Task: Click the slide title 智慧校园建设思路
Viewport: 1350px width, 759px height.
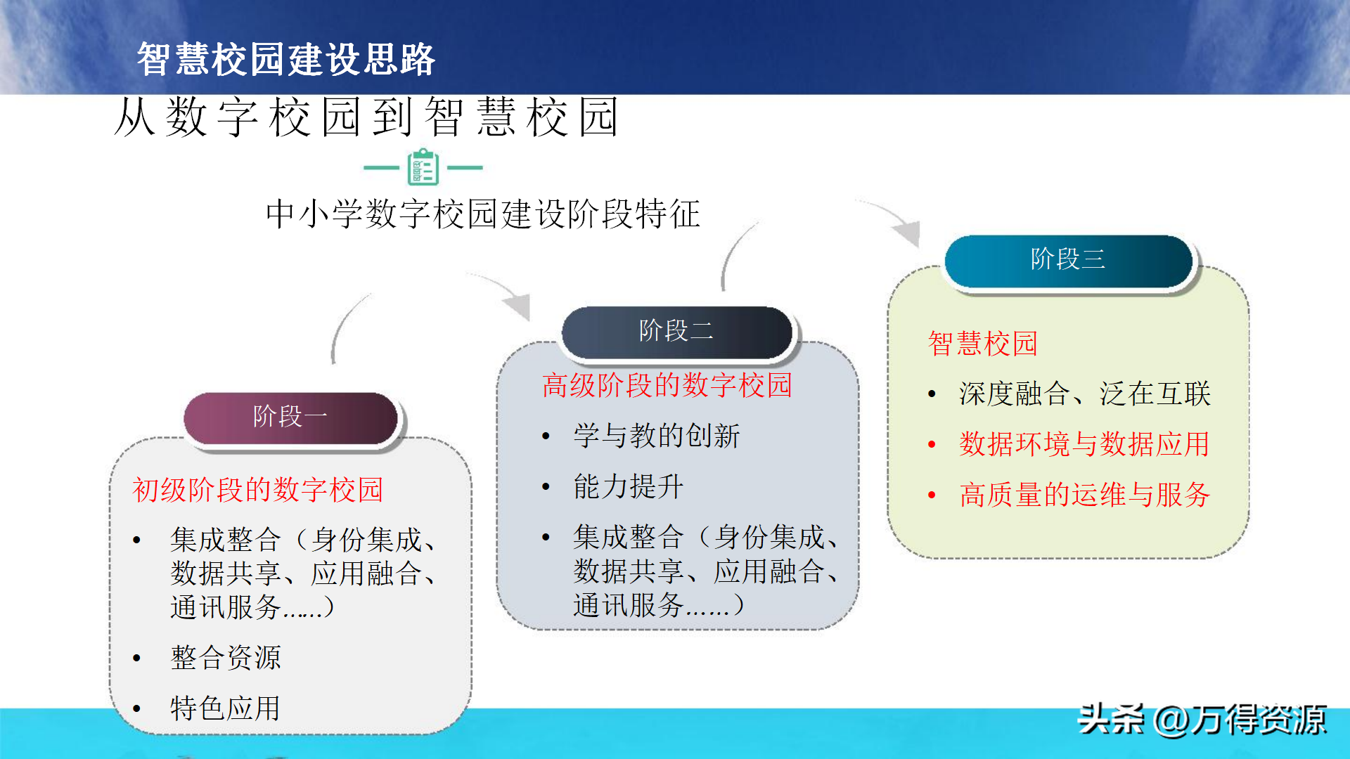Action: (x=286, y=59)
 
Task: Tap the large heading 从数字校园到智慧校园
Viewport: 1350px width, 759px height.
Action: (x=366, y=117)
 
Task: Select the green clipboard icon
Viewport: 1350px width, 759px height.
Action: (x=423, y=167)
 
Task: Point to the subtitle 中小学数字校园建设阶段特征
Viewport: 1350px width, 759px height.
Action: (x=483, y=214)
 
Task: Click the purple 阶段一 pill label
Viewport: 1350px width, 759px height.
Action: (x=290, y=417)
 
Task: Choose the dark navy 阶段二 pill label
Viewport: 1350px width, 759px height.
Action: (x=676, y=331)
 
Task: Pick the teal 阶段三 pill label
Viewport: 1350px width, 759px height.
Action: (x=1068, y=260)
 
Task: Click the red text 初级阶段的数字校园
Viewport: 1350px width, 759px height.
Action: (x=257, y=490)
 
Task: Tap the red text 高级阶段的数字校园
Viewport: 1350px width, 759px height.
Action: (x=667, y=385)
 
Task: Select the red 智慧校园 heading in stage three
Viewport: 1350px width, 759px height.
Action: (x=983, y=344)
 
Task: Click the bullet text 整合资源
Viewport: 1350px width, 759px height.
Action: (x=226, y=658)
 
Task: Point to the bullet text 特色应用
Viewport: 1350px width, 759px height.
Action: (x=226, y=708)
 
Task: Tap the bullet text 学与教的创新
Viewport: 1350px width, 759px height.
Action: (x=657, y=436)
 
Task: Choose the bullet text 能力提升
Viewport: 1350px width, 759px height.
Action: (x=629, y=486)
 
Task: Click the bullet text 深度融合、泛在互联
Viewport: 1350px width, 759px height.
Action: (x=1085, y=394)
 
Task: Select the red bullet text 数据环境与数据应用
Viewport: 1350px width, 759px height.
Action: (x=1084, y=444)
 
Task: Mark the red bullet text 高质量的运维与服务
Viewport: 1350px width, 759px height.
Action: (x=1085, y=495)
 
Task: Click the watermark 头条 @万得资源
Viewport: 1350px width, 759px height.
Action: (x=1202, y=720)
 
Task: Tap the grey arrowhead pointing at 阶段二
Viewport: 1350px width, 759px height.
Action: (x=518, y=304)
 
